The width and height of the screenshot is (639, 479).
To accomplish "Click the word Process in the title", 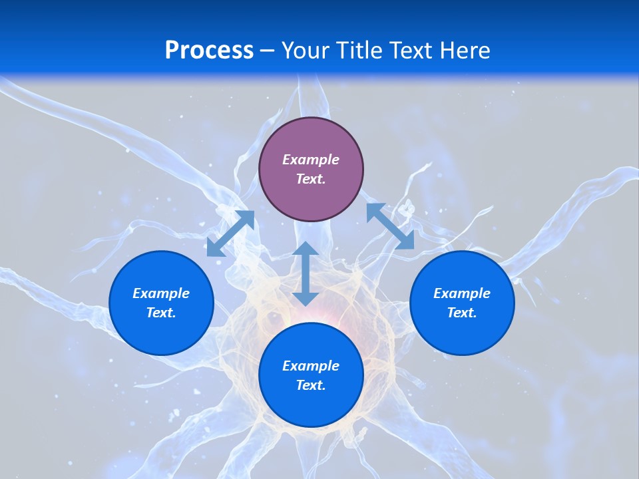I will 209,51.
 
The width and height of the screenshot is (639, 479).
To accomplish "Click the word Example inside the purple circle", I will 311,160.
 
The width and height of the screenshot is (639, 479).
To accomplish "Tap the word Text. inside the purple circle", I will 311,179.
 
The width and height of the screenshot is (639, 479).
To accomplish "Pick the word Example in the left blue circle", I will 161,293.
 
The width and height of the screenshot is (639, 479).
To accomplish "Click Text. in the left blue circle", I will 161,313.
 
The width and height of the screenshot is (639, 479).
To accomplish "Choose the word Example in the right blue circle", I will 462,293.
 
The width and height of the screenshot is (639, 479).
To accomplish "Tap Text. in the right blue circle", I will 462,313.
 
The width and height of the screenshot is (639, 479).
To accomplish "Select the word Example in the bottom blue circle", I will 311,366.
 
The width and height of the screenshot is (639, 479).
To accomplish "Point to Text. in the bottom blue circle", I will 311,385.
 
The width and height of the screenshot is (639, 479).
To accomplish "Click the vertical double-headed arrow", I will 306,273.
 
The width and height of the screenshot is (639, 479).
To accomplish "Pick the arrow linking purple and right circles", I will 390,226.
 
